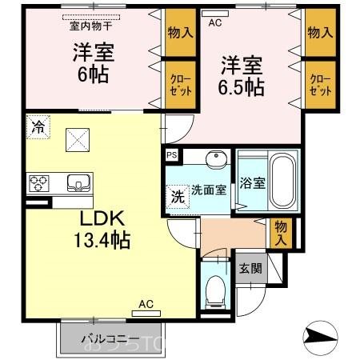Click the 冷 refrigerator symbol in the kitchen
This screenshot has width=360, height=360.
pyautogui.click(x=37, y=126)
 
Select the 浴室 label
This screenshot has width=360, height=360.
pyautogui.click(x=253, y=182)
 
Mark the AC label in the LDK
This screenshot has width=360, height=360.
pyautogui.click(x=146, y=303)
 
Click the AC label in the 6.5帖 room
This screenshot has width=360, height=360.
pyautogui.click(x=214, y=23)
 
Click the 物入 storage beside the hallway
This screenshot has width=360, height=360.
pyautogui.click(x=281, y=233)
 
